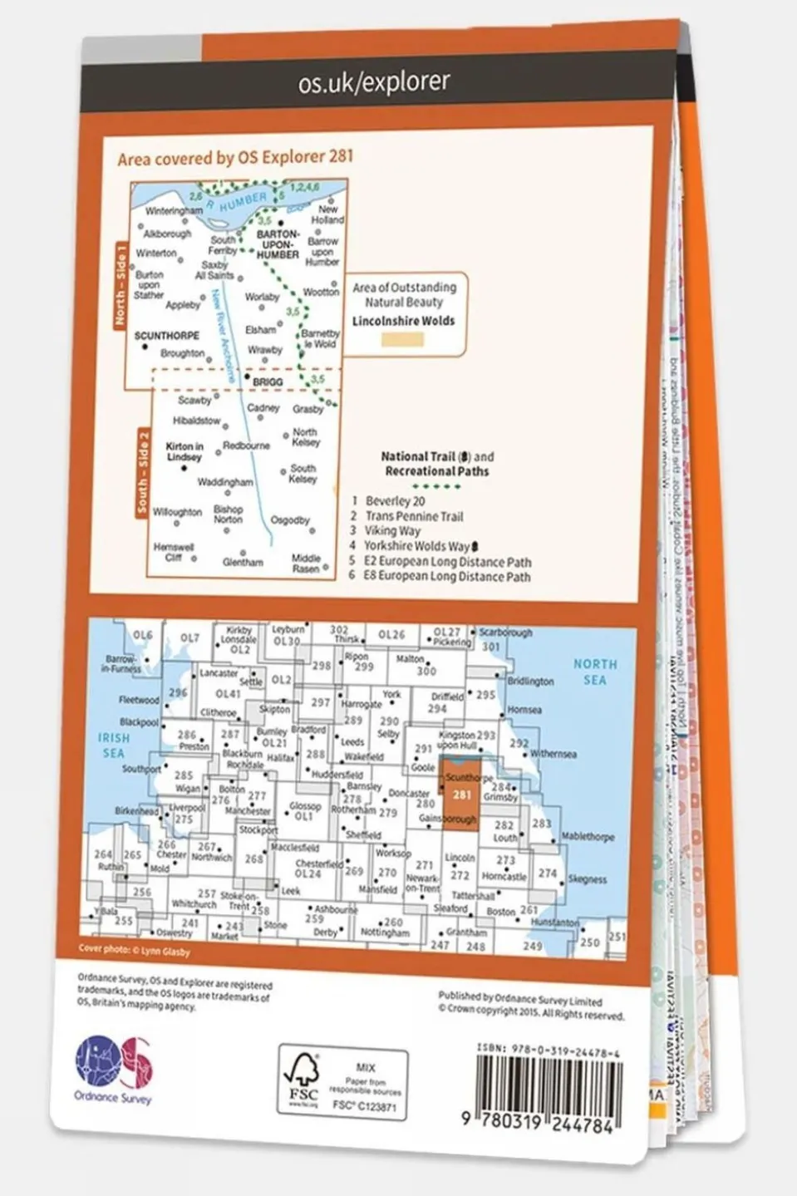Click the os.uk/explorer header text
[373, 81]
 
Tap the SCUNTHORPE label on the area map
[166, 336]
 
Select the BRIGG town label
[268, 382]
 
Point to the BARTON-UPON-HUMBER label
[278, 244]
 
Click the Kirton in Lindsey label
[184, 451]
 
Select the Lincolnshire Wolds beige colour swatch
[402, 339]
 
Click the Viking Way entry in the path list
[392, 530]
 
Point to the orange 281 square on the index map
[460, 795]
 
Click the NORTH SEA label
[595, 672]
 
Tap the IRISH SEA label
[114, 745]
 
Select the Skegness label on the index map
[587, 879]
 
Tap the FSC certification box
[342, 1083]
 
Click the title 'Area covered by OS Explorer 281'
[235, 156]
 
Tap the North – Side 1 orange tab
[122, 283]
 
